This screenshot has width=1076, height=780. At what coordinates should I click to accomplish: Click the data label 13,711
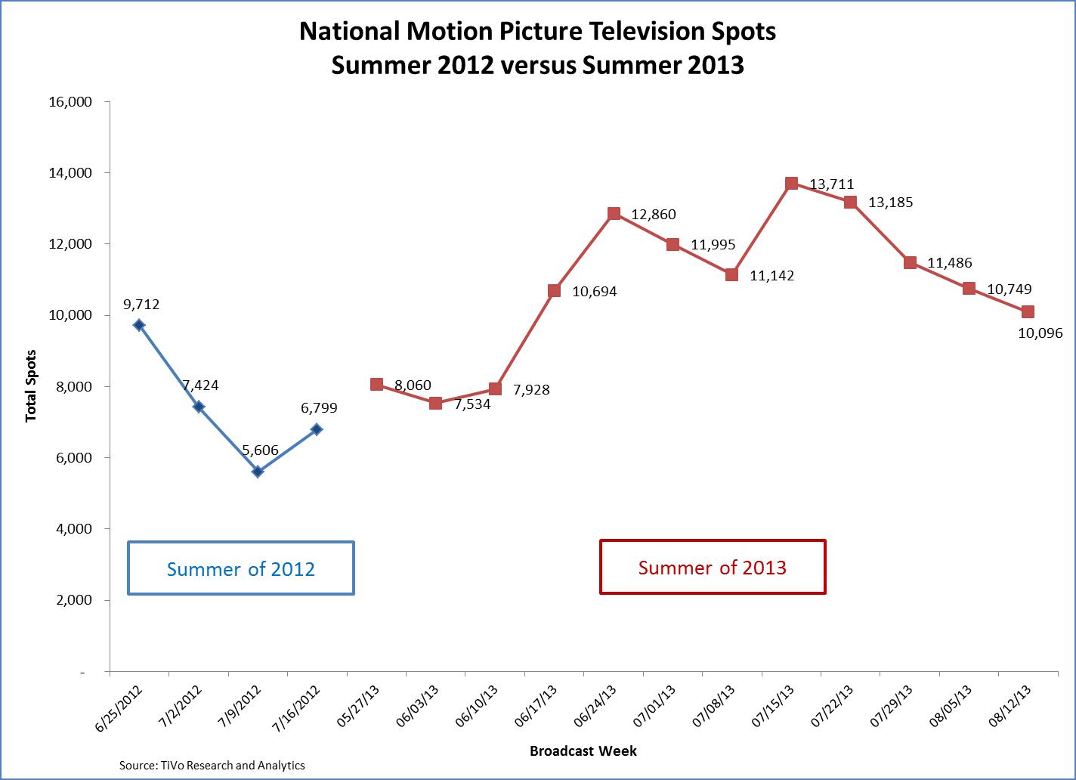831,184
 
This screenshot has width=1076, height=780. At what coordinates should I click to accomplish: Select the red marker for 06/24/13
614,214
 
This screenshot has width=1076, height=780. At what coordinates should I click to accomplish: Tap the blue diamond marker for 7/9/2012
258,472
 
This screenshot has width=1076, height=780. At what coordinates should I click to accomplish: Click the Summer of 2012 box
241,568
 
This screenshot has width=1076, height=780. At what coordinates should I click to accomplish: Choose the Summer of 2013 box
712,567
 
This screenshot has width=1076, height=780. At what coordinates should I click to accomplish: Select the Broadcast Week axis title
583,751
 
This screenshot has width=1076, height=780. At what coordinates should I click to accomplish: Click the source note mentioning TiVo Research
212,766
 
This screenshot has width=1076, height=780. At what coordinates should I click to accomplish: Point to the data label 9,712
141,305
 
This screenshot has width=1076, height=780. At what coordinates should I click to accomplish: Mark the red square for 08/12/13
1028,312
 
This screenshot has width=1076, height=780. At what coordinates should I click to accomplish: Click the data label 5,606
260,450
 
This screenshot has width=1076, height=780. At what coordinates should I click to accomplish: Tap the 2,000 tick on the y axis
73,600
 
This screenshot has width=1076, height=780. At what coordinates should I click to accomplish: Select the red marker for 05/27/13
376,384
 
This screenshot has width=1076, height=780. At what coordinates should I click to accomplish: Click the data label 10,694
594,291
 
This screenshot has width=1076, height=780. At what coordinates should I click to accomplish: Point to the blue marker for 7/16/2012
317,429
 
